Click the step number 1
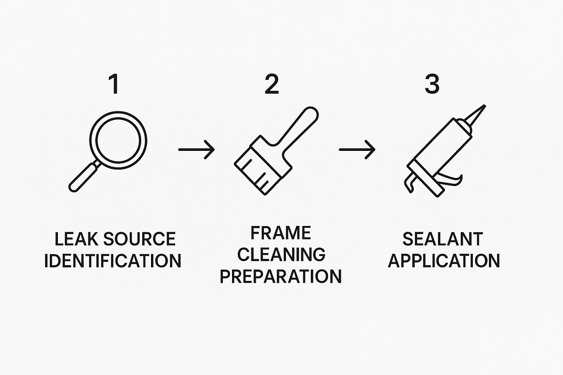pos(114,84)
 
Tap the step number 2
pos(272,84)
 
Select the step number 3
pos(432,84)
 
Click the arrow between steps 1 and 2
pos(196,150)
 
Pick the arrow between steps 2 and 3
pos(357,150)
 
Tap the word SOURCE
pos(139,239)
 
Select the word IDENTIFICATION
pos(113,261)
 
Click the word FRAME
pos(281,233)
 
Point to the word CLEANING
pos(281,255)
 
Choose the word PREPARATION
pos(281,276)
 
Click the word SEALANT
pos(443,239)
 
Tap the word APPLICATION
pos(444,261)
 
